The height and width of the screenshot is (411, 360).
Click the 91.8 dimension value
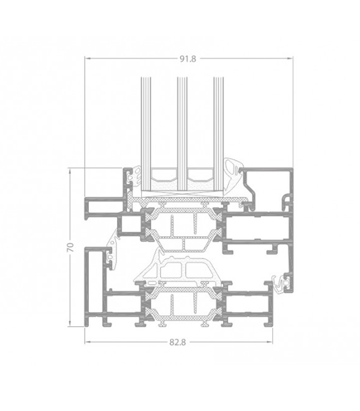187,58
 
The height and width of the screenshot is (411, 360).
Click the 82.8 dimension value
178,342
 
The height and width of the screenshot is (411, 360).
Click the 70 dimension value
71,247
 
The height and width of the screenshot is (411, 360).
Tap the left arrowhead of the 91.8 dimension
87,58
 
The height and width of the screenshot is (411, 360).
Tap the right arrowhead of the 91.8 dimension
290,58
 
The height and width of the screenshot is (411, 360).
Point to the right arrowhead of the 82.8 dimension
270,342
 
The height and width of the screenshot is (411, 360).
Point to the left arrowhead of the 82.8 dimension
87,342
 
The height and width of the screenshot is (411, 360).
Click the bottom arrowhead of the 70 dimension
70,324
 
